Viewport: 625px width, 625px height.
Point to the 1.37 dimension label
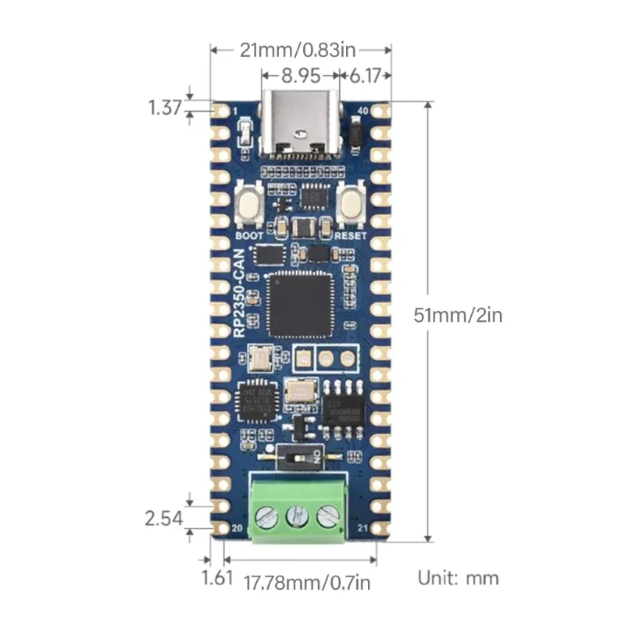164,107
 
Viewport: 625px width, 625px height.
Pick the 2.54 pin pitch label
163,518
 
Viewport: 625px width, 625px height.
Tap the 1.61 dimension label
217,579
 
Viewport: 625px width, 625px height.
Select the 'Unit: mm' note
457,579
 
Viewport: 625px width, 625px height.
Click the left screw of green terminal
267,516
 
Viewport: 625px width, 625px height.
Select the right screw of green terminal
328,516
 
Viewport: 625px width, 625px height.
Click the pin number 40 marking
361,111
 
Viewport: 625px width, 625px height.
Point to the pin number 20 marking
238,529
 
